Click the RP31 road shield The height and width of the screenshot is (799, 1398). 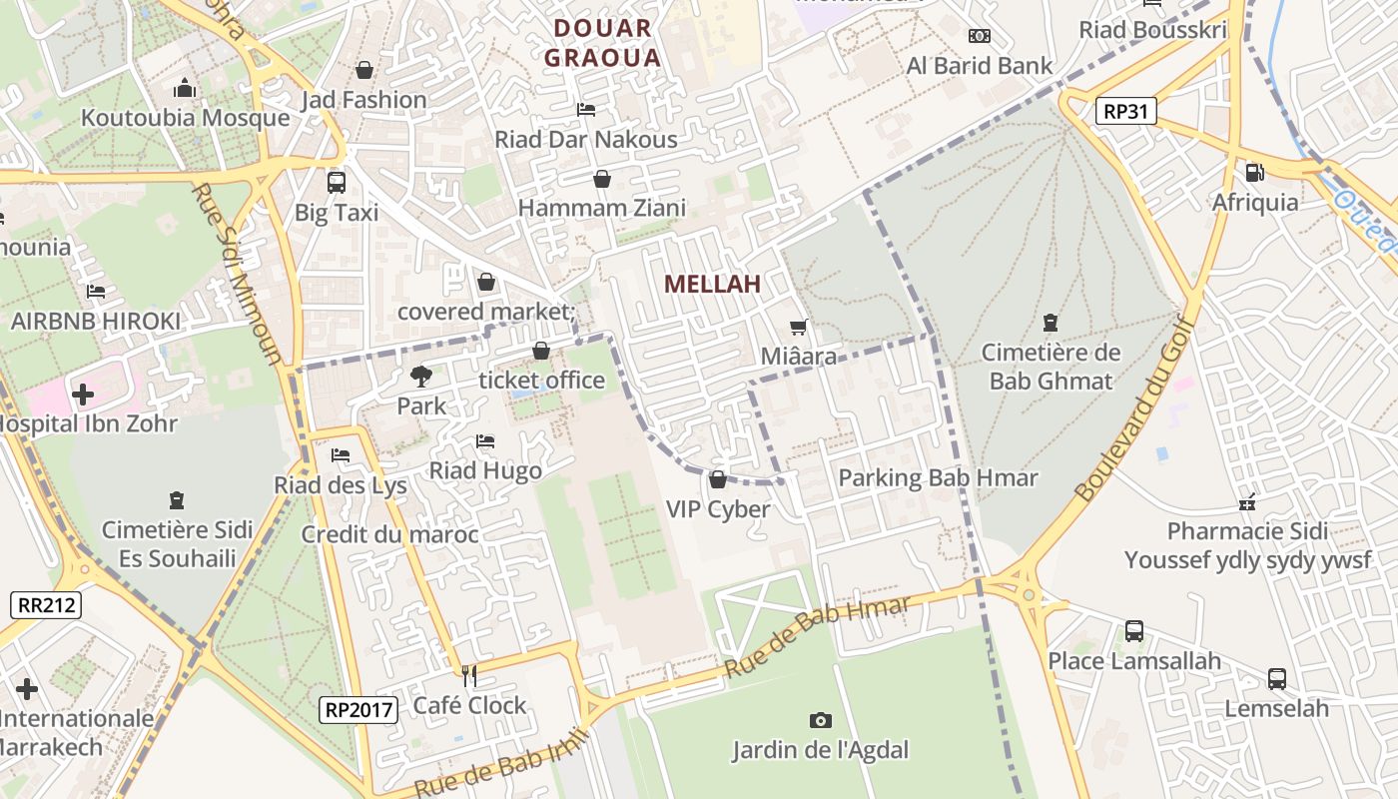pyautogui.click(x=1125, y=111)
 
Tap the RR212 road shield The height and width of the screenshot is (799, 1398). pyautogui.click(x=46, y=604)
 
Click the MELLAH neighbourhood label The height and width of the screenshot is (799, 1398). pyautogui.click(x=712, y=284)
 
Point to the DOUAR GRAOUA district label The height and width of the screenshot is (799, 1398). pyautogui.click(x=602, y=43)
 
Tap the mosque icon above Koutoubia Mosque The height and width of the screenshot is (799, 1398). pyautogui.click(x=184, y=89)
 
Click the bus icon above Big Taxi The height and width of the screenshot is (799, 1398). pyautogui.click(x=337, y=183)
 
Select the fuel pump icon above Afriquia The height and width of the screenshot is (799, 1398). pyautogui.click(x=1255, y=173)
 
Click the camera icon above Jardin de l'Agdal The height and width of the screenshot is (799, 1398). pyautogui.click(x=820, y=720)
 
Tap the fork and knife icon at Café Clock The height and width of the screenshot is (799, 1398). pyautogui.click(x=469, y=676)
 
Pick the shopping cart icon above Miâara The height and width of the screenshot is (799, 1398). pyautogui.click(x=798, y=327)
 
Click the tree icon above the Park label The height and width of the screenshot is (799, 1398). pyautogui.click(x=421, y=377)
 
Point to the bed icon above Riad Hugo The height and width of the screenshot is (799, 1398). pyautogui.click(x=485, y=440)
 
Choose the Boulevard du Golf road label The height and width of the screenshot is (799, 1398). pyautogui.click(x=1134, y=407)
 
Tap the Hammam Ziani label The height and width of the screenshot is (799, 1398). pyautogui.click(x=602, y=208)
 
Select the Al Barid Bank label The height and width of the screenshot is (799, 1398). pyautogui.click(x=979, y=66)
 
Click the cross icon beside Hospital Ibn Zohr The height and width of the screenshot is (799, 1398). pyautogui.click(x=83, y=395)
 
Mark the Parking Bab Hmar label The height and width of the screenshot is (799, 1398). pyautogui.click(x=938, y=477)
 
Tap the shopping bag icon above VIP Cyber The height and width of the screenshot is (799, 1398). pyautogui.click(x=717, y=480)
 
